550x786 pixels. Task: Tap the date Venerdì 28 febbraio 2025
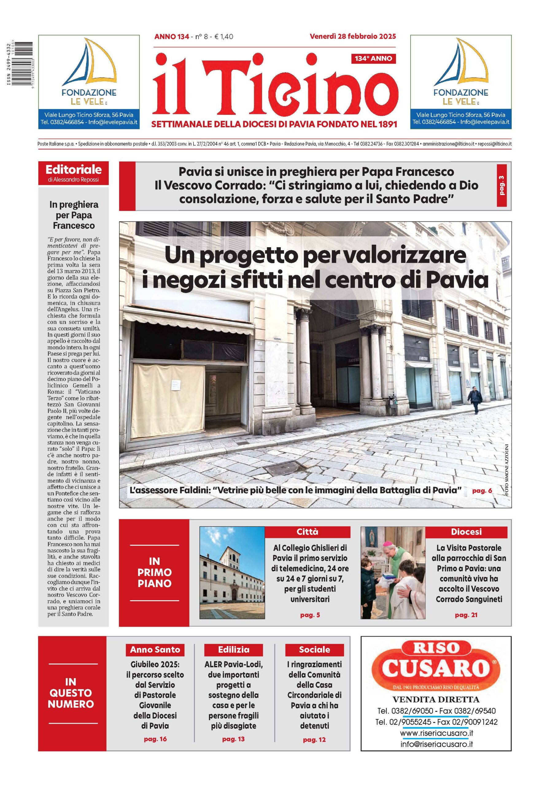tap(353, 36)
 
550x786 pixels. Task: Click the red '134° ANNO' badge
tap(373, 59)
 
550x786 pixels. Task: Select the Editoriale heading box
tap(73, 173)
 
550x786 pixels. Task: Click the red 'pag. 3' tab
tap(502, 185)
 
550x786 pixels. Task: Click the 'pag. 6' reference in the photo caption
tap(482, 491)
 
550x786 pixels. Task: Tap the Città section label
tap(307, 532)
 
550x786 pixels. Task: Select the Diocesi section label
tap(466, 532)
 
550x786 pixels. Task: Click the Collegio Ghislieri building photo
tap(232, 572)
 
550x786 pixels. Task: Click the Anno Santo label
tap(155, 649)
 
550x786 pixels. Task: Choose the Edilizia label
tap(234, 649)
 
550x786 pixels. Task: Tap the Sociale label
tap(314, 649)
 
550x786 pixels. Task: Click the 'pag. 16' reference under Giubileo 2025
tap(155, 739)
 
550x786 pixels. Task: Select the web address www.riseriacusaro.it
tap(436, 733)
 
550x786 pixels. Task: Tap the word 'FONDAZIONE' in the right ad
tap(461, 92)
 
